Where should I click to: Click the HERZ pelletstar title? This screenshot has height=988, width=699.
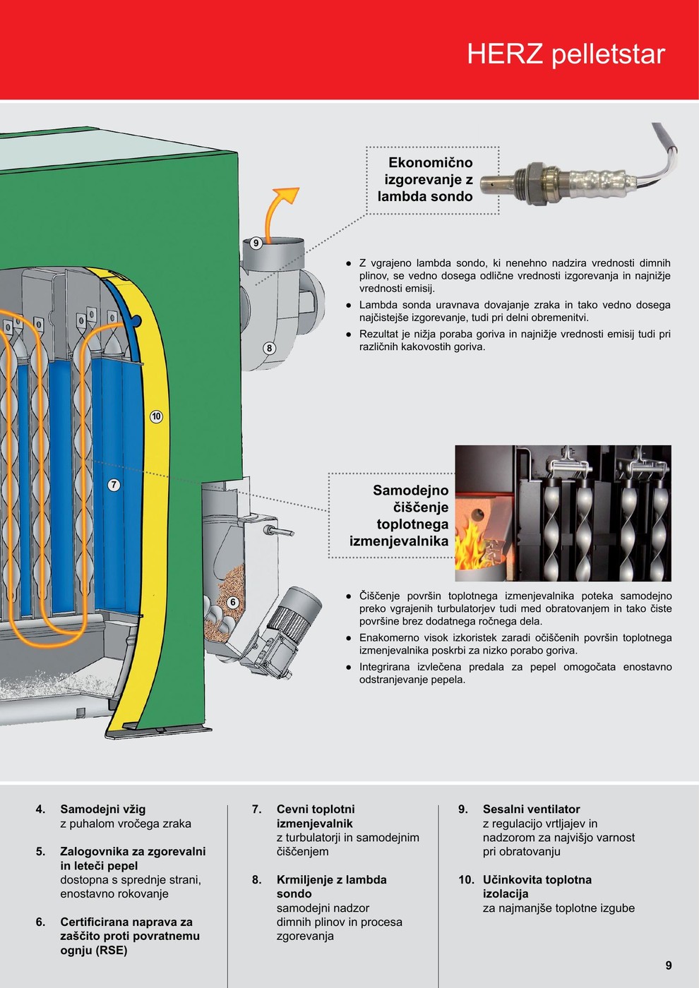[x=566, y=54]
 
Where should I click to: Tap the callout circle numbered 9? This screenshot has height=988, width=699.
[x=256, y=243]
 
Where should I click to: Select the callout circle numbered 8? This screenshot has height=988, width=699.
[x=269, y=348]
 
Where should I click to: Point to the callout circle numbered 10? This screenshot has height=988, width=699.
[x=156, y=416]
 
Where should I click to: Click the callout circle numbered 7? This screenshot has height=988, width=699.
[x=114, y=485]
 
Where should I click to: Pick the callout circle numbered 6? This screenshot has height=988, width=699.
[x=232, y=602]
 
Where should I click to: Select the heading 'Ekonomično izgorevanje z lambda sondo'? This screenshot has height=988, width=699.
[x=426, y=180]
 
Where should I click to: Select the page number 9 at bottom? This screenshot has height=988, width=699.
[x=668, y=965]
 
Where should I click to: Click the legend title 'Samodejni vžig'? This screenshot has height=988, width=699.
[x=103, y=809]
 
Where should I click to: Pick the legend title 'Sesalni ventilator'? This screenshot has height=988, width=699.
[x=531, y=809]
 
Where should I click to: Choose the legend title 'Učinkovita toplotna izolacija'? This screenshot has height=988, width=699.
[x=537, y=887]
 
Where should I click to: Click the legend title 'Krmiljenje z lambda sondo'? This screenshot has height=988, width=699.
[x=331, y=887]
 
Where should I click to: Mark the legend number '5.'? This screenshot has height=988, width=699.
[x=41, y=852]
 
